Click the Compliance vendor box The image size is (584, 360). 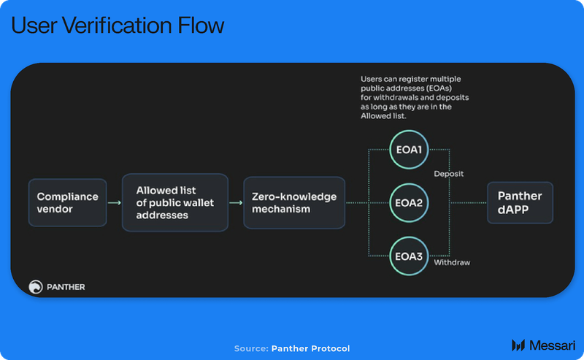[x=67, y=202]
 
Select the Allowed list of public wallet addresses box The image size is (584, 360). [x=174, y=202]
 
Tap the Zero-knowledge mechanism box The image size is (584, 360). [x=294, y=202]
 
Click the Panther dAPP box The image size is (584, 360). [x=520, y=202]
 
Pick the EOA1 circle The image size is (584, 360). [x=408, y=150]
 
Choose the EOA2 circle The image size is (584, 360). [x=408, y=202]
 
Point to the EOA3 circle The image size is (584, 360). [x=408, y=256]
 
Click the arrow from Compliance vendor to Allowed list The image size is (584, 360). [x=113, y=203]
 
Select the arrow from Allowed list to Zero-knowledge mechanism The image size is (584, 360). [x=235, y=203]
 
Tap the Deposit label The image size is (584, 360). [x=448, y=174]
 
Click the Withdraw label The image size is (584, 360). [x=452, y=261]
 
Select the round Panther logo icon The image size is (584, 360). [x=36, y=287]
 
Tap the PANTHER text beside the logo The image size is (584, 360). [x=66, y=287]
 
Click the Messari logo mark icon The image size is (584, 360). [x=518, y=345]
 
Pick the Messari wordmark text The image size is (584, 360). [x=551, y=345]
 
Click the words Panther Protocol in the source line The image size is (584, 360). [x=310, y=348]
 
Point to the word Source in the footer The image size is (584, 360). [x=250, y=348]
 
